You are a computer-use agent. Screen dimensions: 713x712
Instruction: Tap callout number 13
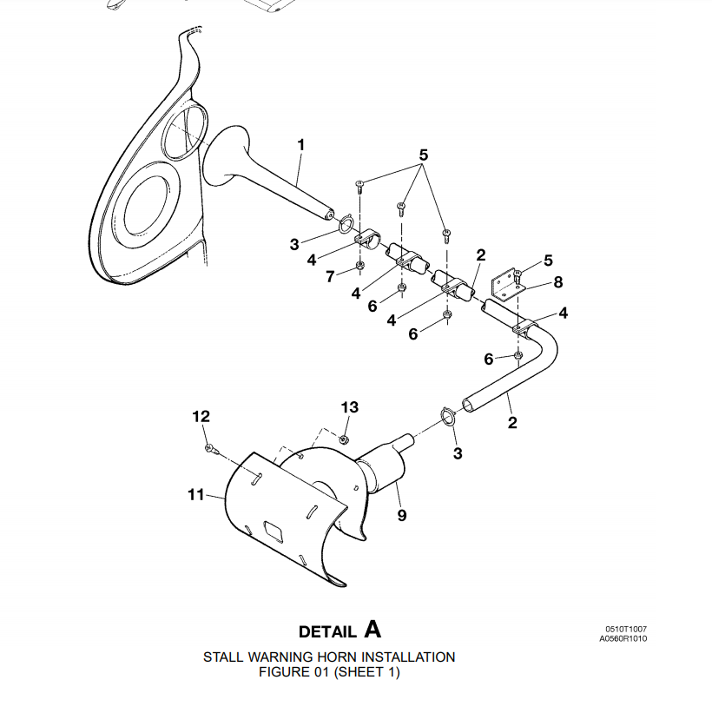click(349, 407)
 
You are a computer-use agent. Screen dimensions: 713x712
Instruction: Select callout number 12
click(201, 417)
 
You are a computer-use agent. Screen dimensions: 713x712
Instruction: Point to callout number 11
click(195, 495)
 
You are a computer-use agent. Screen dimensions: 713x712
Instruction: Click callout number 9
click(401, 515)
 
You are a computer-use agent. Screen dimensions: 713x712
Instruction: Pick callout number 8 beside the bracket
click(558, 281)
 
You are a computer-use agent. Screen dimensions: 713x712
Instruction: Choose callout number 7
click(330, 276)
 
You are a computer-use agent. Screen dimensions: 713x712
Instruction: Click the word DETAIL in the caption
click(327, 631)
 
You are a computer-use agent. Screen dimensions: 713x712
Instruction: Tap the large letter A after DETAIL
click(372, 628)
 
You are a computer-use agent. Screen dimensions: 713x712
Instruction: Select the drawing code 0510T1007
click(626, 629)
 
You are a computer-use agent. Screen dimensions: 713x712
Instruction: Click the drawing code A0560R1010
click(623, 638)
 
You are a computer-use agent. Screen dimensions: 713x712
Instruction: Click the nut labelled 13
click(344, 438)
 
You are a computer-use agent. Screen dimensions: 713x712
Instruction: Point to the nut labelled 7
click(360, 266)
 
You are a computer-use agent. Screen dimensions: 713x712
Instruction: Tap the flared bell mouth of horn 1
click(222, 157)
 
